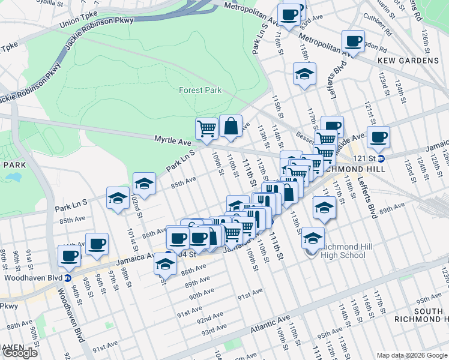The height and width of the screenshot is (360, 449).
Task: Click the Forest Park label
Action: pos(200,90)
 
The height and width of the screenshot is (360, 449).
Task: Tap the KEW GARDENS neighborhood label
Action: pos(408,61)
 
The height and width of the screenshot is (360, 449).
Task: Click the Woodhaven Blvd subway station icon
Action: pos(68,278)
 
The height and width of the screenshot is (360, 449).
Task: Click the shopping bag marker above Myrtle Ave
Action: pos(231,127)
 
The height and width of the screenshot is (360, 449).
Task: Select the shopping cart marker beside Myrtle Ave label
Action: pos(206,128)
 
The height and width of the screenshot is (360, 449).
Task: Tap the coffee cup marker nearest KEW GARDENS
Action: pos(353,41)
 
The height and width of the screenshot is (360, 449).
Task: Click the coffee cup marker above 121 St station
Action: pos(378,137)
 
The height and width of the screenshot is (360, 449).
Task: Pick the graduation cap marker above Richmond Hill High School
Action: pos(324,208)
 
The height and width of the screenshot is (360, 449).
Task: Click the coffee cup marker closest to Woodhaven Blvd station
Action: pos(69,256)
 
